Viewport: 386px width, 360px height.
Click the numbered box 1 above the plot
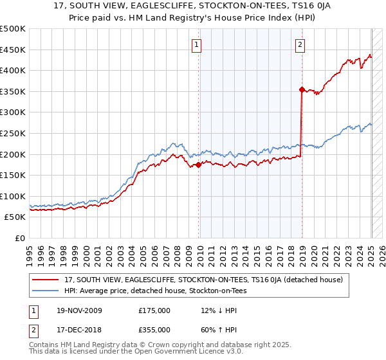click(196, 44)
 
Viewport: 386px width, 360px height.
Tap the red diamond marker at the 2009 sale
click(198, 165)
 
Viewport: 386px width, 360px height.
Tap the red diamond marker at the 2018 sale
click(302, 89)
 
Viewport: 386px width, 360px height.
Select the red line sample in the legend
click(46, 280)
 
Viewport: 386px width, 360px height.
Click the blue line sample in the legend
click(46, 291)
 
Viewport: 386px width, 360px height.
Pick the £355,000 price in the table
click(154, 329)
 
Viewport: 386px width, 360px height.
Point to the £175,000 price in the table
click(154, 310)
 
